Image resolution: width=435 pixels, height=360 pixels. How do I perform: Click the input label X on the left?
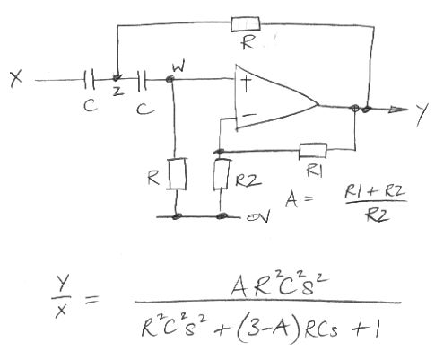pos(16,79)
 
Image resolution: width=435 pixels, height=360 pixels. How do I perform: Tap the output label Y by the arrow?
pos(422,115)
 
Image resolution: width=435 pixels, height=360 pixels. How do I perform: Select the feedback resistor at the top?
pos(246,24)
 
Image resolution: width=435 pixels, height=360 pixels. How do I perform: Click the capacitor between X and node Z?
pos(89,80)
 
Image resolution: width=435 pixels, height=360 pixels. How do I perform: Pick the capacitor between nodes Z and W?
pos(143,80)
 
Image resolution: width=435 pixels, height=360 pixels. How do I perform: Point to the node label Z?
pos(118,92)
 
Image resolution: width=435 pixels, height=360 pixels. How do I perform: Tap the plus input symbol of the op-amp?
pos(246,83)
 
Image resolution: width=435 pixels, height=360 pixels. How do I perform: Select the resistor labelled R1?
pos(313,151)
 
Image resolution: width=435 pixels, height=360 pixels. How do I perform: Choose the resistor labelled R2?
pos(222,174)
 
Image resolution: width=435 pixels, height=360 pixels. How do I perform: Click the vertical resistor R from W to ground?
pos(178,174)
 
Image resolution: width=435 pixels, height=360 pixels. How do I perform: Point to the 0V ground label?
pos(258,215)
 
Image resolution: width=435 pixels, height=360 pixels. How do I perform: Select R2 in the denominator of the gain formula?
pos(378,215)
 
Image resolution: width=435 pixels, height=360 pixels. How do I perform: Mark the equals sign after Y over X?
pos(91,299)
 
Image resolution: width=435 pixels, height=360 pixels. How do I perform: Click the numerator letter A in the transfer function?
pos(239,285)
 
